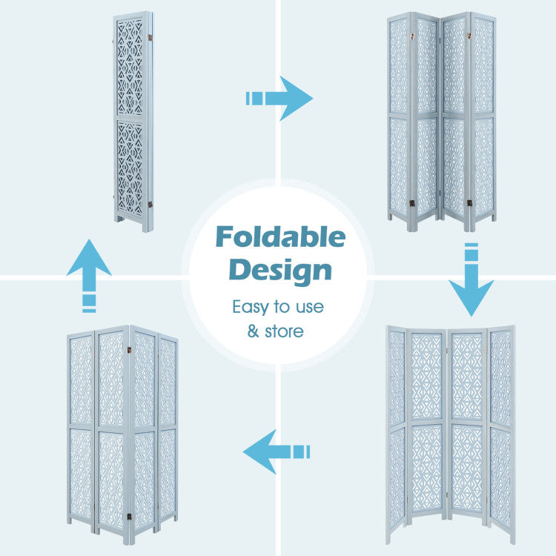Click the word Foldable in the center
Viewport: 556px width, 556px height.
tap(280, 238)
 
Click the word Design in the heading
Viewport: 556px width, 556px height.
tap(280, 270)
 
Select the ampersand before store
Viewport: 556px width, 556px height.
tap(253, 331)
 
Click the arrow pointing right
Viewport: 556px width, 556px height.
tap(279, 98)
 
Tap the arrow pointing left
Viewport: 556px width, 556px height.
tap(276, 451)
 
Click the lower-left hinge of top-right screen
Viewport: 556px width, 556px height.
tap(413, 202)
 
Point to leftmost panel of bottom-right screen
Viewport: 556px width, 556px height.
tap(397, 430)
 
